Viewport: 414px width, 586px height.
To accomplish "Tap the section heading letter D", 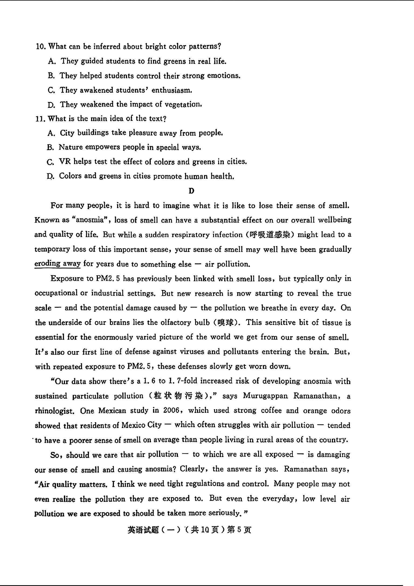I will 191,191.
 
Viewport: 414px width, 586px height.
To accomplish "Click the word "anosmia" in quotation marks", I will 90,220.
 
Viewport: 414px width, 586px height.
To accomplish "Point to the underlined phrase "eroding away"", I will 57,264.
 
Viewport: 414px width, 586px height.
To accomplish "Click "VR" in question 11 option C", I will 65,162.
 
